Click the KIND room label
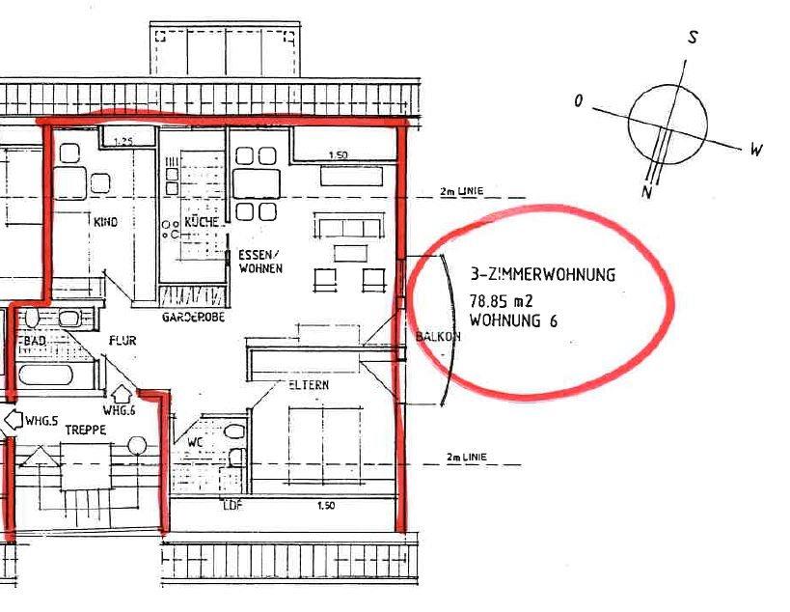click(x=105, y=222)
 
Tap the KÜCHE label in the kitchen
click(x=202, y=222)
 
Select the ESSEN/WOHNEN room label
click(x=260, y=262)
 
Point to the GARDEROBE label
click(x=193, y=317)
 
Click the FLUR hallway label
click(x=123, y=341)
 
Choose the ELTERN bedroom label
click(x=309, y=384)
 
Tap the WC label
click(x=195, y=443)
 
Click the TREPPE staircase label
click(x=86, y=430)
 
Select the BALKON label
click(x=438, y=336)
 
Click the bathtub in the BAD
click(x=46, y=376)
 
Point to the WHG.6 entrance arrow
click(x=122, y=394)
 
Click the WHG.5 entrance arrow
click(x=14, y=419)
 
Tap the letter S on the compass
click(x=694, y=37)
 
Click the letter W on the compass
click(x=756, y=150)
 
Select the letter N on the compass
click(x=647, y=192)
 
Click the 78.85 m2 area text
click(x=501, y=301)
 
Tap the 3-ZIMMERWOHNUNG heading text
click(x=543, y=274)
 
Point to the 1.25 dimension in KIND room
click(x=123, y=142)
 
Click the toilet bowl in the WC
click(x=233, y=431)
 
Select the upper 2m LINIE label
click(x=461, y=191)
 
